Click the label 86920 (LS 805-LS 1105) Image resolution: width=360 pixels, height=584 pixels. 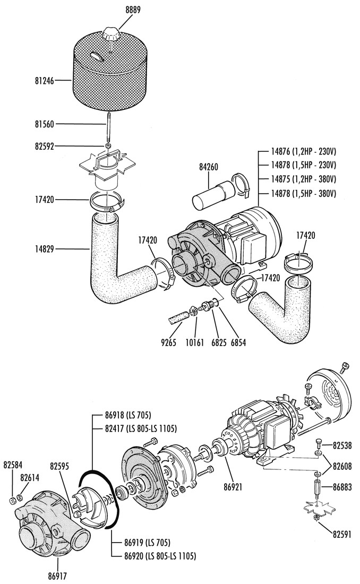(153, 556)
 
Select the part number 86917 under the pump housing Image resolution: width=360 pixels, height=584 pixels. (58, 574)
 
